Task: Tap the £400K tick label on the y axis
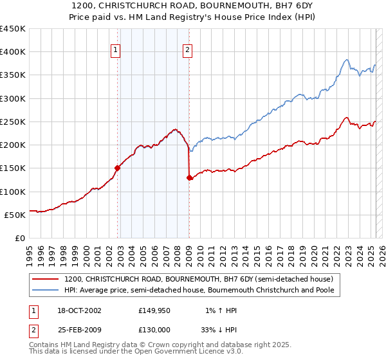click(x=13, y=52)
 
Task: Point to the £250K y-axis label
click(x=13, y=122)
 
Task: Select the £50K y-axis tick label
click(x=15, y=215)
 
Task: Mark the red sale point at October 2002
click(x=118, y=168)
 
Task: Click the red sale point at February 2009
click(x=189, y=177)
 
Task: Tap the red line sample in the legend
click(x=46, y=280)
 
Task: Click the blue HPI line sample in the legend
click(x=46, y=291)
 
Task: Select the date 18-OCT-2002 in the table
click(x=77, y=310)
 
